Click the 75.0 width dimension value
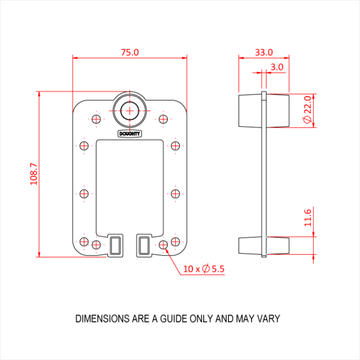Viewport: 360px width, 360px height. (130, 52)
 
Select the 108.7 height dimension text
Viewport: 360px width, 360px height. (34, 174)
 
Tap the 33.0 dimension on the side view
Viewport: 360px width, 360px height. (263, 52)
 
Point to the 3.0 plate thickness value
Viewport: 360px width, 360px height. (277, 67)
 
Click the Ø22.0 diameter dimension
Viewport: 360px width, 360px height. (307, 110)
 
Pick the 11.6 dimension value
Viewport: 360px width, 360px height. (308, 217)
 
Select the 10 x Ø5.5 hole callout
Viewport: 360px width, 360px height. (204, 268)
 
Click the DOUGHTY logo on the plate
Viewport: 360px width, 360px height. (130, 134)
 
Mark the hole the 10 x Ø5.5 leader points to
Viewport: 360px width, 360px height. (163, 244)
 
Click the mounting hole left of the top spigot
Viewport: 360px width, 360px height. (96, 119)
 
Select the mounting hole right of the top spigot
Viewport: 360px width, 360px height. (163, 119)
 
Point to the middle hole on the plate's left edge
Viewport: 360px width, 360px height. (84, 194)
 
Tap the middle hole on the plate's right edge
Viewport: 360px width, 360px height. (175, 194)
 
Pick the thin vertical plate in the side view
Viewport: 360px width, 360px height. (264, 175)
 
